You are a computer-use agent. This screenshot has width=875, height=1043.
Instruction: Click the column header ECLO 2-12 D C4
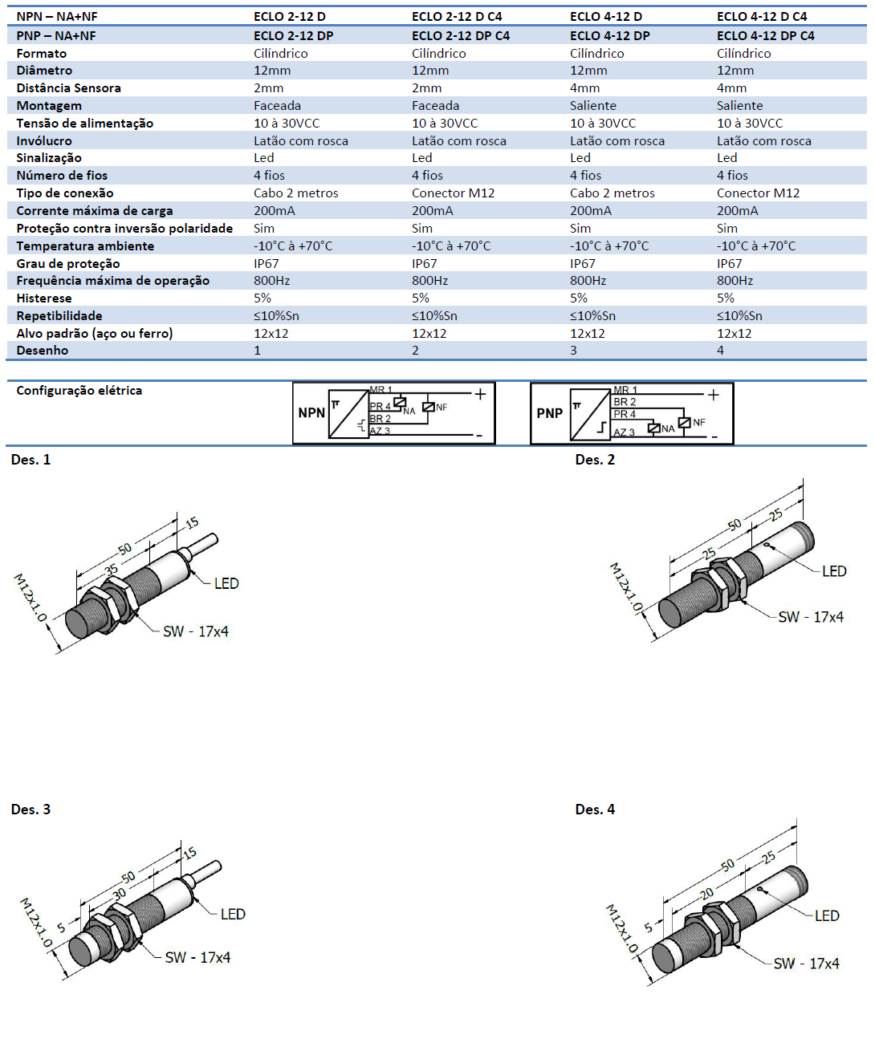[x=457, y=16]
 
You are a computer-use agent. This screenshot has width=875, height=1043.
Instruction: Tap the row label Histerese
[x=44, y=298]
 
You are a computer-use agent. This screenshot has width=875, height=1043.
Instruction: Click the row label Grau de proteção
[x=68, y=263]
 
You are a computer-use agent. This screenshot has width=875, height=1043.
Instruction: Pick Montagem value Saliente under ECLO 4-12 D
[x=593, y=106]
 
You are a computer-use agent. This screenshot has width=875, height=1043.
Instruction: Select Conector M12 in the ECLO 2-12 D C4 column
[x=453, y=193]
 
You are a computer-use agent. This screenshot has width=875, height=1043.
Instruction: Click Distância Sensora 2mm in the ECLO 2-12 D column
[x=268, y=88]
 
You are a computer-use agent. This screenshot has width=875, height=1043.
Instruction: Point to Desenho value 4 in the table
[x=720, y=351]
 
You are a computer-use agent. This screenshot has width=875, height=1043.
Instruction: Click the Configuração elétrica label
[x=79, y=391]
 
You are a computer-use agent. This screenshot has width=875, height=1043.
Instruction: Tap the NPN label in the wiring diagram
[x=311, y=413]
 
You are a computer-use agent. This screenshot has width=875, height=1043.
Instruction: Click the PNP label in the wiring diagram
[x=550, y=413]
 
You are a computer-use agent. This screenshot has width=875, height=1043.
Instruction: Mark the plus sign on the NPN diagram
[x=480, y=394]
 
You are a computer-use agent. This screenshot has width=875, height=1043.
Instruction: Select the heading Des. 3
[x=31, y=810]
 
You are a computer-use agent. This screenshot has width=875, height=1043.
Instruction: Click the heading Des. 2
[x=595, y=460]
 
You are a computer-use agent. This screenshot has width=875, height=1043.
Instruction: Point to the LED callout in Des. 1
[x=226, y=583]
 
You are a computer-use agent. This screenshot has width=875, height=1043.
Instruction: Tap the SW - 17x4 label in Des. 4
[x=806, y=964]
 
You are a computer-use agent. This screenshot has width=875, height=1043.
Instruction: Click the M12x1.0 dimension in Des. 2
[x=625, y=587]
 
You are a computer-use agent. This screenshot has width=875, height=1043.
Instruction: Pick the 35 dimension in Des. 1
[x=111, y=570]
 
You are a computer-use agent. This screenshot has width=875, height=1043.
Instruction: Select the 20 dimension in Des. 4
[x=706, y=893]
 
